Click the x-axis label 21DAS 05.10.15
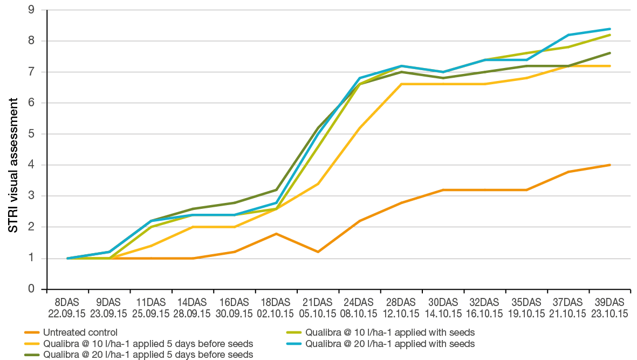318,308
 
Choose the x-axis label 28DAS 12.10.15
401,308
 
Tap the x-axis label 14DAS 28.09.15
193,308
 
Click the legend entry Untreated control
80,332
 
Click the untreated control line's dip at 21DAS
318,252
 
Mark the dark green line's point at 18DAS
276,190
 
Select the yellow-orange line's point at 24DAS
359,128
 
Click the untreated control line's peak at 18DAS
276,233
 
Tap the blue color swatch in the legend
296,344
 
